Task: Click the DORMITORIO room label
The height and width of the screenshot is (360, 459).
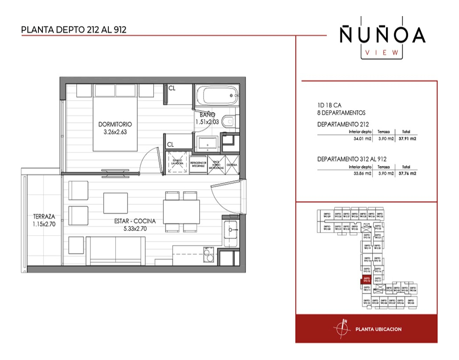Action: click(115, 124)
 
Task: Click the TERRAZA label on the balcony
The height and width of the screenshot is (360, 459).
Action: click(44, 217)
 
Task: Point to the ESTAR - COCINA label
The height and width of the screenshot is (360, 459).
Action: click(138, 221)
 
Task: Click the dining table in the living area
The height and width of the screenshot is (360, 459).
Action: click(181, 212)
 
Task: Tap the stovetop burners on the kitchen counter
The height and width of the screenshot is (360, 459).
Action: click(208, 254)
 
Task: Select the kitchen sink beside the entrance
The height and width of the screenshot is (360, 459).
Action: click(232, 230)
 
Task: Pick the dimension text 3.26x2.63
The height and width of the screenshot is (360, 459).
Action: click(115, 132)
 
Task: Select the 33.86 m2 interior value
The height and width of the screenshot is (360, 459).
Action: click(362, 174)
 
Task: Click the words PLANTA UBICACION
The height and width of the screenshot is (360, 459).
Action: click(378, 329)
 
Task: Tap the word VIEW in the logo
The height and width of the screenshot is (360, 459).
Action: click(382, 52)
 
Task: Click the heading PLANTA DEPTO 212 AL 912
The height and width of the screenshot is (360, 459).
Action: click(74, 30)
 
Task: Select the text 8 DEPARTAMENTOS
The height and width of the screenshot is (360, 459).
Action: click(341, 113)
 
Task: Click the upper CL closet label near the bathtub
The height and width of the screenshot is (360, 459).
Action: click(172, 88)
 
